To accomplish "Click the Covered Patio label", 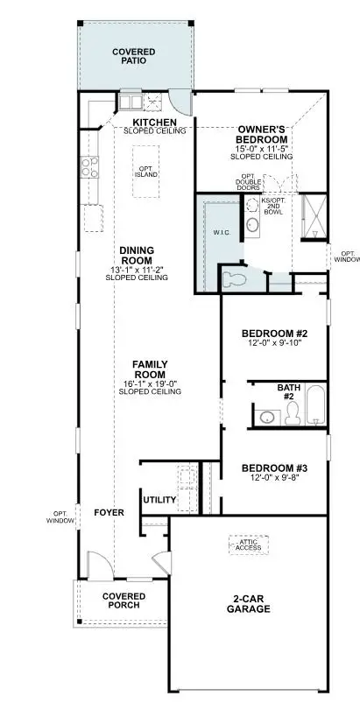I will pyautogui.click(x=133, y=57).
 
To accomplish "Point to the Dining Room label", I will pyautogui.click(x=138, y=255).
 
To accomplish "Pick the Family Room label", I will pyautogui.click(x=150, y=369).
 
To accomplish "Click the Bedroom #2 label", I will pyautogui.click(x=273, y=333).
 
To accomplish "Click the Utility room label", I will pyautogui.click(x=159, y=501).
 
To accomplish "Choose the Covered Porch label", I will pyautogui.click(x=124, y=601).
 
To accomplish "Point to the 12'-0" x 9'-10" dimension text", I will pyautogui.click(x=273, y=343).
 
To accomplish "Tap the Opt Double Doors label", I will pyautogui.click(x=247, y=183).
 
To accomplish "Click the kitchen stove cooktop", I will pyautogui.click(x=89, y=165).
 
